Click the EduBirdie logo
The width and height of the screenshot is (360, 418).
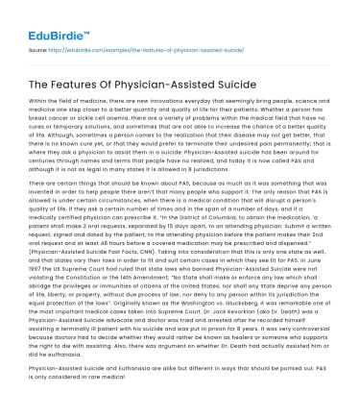click(45, 17)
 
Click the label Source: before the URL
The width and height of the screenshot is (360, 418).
click(38, 45)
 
